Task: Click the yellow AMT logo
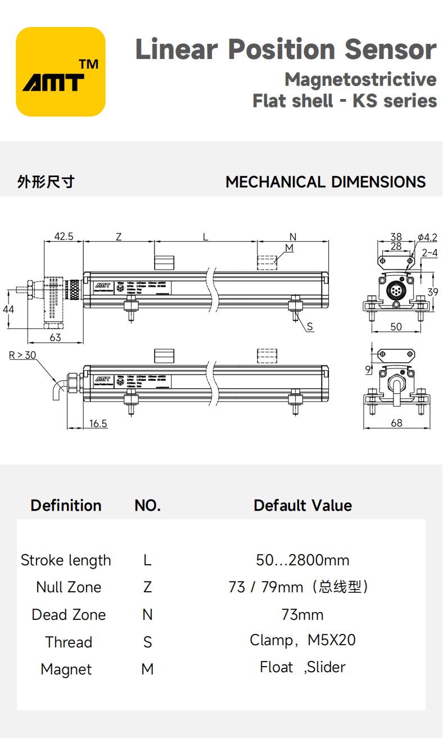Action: tap(61, 71)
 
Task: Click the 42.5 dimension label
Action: tap(64, 236)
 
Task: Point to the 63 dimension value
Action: tap(55, 337)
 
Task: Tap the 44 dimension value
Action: tap(8, 309)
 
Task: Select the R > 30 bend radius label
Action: tap(22, 355)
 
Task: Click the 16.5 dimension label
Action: tap(98, 423)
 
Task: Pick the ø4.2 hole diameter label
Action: tap(427, 237)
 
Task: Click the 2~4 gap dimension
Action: tap(429, 253)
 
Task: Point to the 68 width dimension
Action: tap(396, 423)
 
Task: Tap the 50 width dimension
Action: tap(396, 326)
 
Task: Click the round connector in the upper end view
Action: tap(396, 291)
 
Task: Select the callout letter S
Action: tap(310, 327)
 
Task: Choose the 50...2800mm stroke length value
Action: tap(302, 560)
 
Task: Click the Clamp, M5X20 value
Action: tap(302, 640)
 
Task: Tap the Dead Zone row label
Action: tap(69, 615)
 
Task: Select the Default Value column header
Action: tap(302, 505)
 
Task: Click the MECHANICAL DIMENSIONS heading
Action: tap(326, 182)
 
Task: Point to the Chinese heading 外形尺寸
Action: tap(46, 182)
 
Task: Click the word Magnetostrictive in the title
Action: tap(360, 79)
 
